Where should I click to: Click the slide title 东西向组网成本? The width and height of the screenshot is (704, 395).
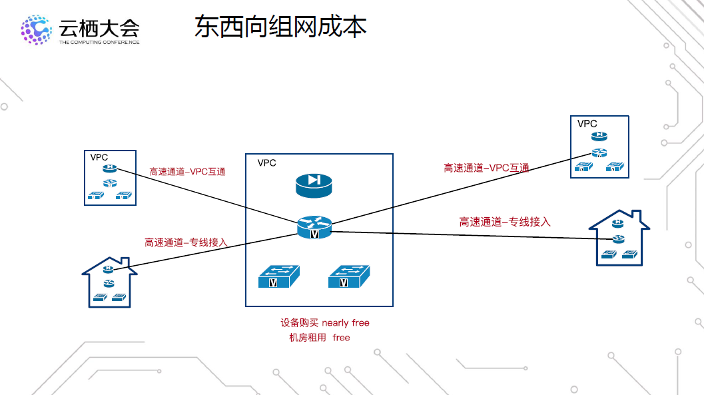pos(280,27)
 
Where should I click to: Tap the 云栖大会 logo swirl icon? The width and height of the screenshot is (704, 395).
pos(36,30)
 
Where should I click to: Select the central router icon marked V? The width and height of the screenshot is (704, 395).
pos(314,226)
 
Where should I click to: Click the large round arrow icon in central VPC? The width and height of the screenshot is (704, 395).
pos(314,185)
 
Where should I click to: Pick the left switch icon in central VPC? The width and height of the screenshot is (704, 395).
pos(278,276)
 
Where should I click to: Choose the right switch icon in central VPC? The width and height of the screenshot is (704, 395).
pos(348,276)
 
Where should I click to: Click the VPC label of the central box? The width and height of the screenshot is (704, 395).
pos(266,163)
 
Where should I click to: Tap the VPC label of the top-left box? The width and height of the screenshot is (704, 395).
pos(99,157)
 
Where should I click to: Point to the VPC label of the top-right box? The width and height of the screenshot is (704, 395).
pos(587,124)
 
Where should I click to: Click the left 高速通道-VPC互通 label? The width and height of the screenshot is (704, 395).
pos(188,172)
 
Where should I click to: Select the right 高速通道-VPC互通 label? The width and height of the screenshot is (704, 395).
pos(486,168)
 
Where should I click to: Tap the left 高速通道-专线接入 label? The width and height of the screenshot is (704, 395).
pos(186,242)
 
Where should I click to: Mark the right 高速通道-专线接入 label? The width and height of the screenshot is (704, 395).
pos(505,222)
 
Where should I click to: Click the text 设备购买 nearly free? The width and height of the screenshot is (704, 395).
pos(325,323)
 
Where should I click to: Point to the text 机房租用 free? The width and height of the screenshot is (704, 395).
pos(319,338)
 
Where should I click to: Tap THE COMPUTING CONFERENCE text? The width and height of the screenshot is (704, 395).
pos(99,42)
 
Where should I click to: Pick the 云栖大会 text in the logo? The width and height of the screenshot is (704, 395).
pos(99,27)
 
